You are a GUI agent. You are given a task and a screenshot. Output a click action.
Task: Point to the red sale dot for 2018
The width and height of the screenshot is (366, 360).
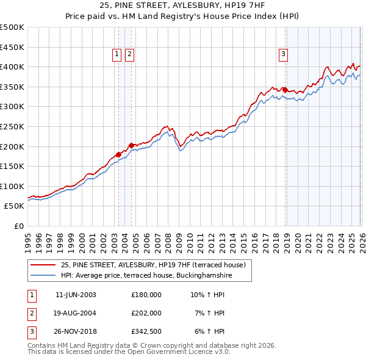[x=285, y=90]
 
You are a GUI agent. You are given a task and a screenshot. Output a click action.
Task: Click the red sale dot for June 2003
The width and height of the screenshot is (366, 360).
[x=118, y=154]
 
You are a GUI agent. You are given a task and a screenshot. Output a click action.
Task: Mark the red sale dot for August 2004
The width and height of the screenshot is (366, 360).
[x=131, y=145]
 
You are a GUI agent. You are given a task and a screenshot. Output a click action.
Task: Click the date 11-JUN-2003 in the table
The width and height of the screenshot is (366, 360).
[x=76, y=294]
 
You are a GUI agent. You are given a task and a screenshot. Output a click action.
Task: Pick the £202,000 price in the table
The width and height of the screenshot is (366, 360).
[x=146, y=313]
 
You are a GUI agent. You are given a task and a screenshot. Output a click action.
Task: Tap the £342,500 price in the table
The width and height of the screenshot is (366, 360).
[x=146, y=332]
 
